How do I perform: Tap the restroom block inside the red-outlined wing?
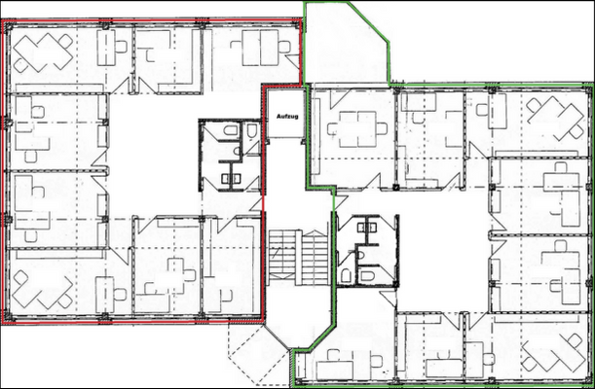click(x=230, y=155)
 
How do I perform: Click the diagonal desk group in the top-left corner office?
click(x=44, y=51)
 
